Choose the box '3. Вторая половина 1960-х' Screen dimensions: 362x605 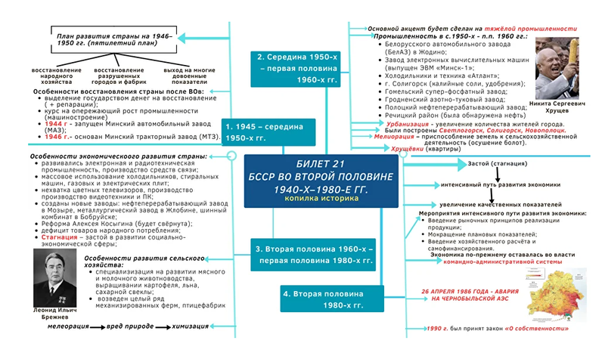click(x=312, y=255)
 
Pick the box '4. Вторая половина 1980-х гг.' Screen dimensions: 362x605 click(x=324, y=299)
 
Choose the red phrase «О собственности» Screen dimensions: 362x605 click(x=539, y=330)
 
